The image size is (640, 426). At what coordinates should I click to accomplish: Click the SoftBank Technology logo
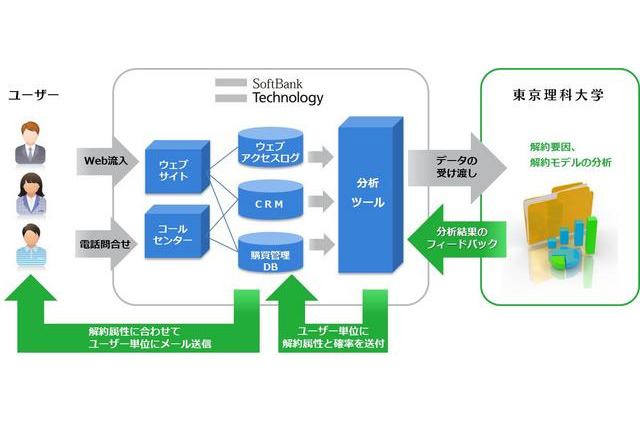(x=270, y=90)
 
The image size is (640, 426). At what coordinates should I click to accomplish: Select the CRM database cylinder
(x=268, y=204)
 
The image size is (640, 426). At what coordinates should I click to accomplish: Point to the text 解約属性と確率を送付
(x=334, y=344)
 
